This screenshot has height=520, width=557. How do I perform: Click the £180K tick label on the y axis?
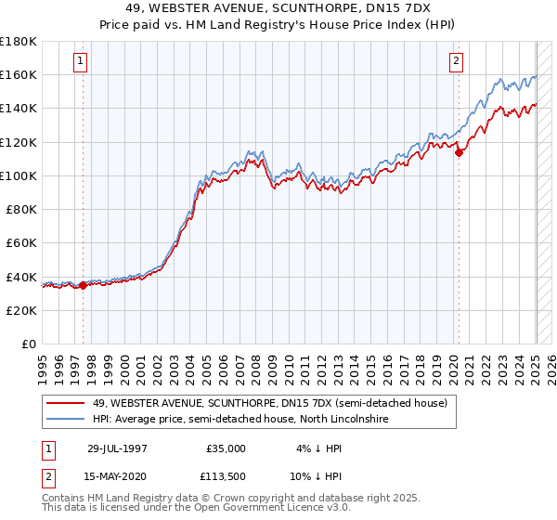[x=18, y=41]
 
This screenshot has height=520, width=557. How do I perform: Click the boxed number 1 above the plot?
[x=82, y=62]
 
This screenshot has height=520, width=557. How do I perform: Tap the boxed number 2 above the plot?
[x=458, y=62]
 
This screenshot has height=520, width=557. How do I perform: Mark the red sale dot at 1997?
[x=84, y=285]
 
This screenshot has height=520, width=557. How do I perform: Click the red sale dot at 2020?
[x=459, y=153]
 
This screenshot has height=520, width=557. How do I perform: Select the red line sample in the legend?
[x=67, y=403]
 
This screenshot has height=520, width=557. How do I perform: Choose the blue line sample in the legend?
[x=67, y=420]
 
